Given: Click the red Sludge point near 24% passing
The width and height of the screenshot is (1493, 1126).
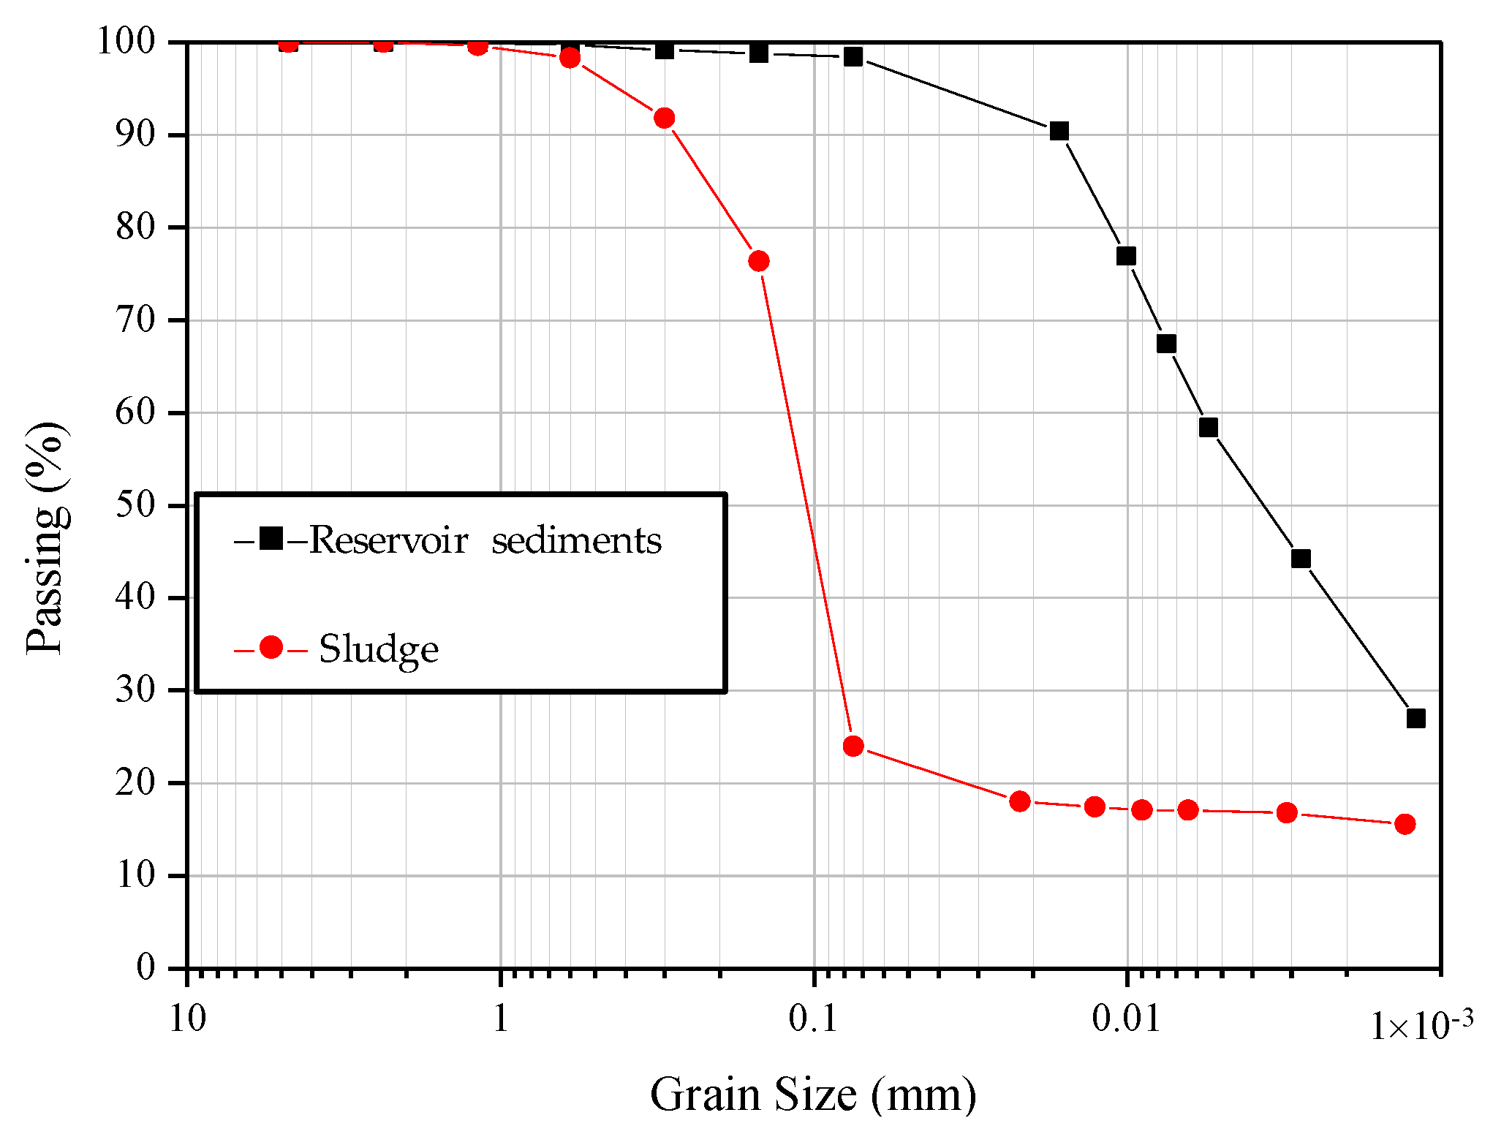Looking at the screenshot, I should pyautogui.click(x=853, y=746).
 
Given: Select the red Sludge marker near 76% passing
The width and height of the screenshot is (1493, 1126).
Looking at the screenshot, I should pyautogui.click(x=759, y=261).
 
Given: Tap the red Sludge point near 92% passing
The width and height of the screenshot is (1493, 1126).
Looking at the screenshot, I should pyautogui.click(x=664, y=118).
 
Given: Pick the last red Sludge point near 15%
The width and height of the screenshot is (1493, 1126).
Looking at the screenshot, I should pyautogui.click(x=1405, y=824).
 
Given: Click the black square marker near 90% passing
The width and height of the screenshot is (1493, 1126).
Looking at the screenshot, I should pyautogui.click(x=1059, y=131).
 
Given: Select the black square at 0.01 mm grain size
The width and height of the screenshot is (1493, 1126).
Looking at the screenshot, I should pyautogui.click(x=1126, y=255).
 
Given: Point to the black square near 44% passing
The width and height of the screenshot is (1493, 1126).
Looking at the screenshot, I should pyautogui.click(x=1301, y=559).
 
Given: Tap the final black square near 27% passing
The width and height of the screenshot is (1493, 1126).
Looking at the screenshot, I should pyautogui.click(x=1415, y=718).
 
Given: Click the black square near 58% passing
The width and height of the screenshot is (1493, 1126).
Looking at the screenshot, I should pyautogui.click(x=1209, y=427).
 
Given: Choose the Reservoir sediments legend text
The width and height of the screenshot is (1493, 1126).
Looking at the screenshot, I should pyautogui.click(x=485, y=541).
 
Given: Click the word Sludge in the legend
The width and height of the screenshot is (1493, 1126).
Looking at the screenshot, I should pyautogui.click(x=379, y=649).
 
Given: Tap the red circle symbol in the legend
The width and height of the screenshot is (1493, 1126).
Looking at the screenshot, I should pyautogui.click(x=271, y=647).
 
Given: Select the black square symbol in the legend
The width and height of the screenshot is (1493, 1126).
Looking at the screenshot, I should pyautogui.click(x=271, y=539).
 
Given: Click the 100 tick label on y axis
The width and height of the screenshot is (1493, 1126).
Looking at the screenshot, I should pyautogui.click(x=126, y=42).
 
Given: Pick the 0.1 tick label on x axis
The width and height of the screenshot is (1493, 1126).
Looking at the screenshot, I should pyautogui.click(x=813, y=1018).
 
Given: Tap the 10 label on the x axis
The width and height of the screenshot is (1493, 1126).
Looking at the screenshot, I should pyautogui.click(x=188, y=1018).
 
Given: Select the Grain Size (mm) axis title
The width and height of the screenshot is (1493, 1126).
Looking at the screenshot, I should pyautogui.click(x=813, y=1095).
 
